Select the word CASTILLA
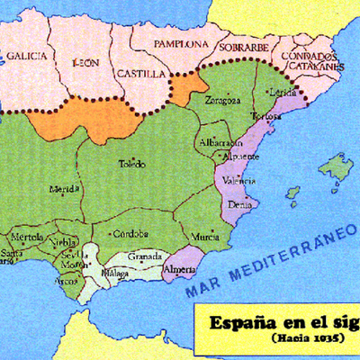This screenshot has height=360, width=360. pos(139,72)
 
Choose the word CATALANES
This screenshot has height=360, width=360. pos(314,65)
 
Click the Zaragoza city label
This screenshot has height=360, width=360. pos(222,100)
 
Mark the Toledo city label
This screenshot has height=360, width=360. pos(131,164)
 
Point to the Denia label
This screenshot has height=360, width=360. pos(240,204)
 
